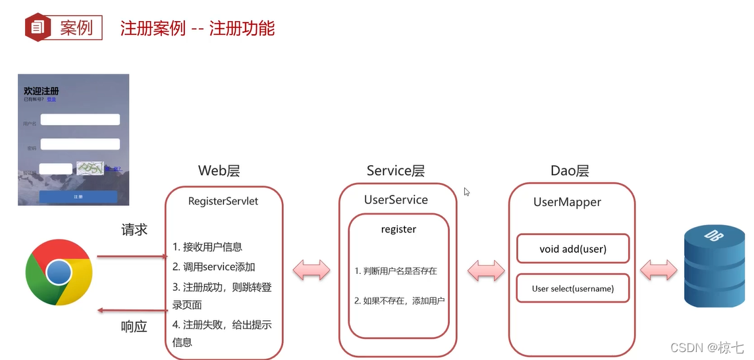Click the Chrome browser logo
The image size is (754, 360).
coord(58,272)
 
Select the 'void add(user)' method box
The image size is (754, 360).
coord(572,249)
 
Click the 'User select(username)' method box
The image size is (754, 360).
coord(572,288)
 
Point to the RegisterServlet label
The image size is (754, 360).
coord(223,201)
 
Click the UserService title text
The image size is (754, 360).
coord(396,199)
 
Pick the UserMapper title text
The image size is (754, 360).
coord(567,202)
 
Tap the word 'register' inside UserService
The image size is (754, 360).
coord(398,230)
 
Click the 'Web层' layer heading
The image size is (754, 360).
coord(219,171)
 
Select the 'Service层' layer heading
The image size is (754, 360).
coord(395,171)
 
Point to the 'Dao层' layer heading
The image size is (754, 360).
coord(569,171)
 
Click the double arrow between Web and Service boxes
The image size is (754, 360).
coord(311,269)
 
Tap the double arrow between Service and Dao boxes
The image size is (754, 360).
coord(485,269)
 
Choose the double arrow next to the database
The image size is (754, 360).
coord(658,269)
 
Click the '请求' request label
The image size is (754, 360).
coord(134,230)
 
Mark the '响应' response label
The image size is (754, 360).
coord(134,326)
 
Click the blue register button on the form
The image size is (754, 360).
coord(78,197)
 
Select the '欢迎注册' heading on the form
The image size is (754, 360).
coord(41,91)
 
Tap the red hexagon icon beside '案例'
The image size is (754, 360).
coord(38,28)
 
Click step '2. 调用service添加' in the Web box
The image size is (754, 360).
coord(214,267)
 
